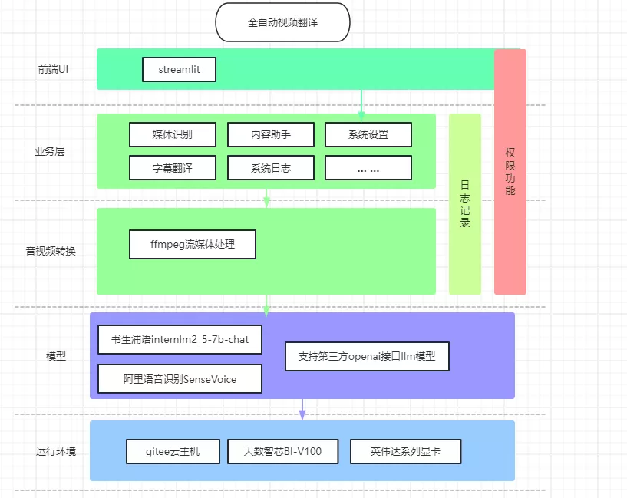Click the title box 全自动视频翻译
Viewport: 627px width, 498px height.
(x=282, y=22)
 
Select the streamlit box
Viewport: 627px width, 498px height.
(x=179, y=69)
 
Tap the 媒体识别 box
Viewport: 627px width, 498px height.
(x=172, y=134)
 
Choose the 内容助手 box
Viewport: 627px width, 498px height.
(x=270, y=134)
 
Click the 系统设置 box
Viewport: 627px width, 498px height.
(x=368, y=134)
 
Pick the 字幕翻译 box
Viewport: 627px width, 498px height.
(x=172, y=167)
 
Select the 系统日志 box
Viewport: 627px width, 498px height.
(x=270, y=167)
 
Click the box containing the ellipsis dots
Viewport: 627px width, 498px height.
(x=368, y=167)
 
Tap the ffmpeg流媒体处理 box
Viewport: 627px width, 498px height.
(x=192, y=245)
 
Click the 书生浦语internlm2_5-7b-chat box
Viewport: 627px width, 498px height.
(x=180, y=339)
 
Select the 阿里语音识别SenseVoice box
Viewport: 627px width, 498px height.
(x=180, y=379)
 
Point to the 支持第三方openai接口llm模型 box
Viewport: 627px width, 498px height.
(x=366, y=357)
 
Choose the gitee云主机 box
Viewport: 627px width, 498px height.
(x=173, y=451)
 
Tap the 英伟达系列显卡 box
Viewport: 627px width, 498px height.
(x=405, y=451)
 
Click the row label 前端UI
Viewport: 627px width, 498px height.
(x=54, y=70)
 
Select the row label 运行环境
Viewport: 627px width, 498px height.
(x=56, y=451)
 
